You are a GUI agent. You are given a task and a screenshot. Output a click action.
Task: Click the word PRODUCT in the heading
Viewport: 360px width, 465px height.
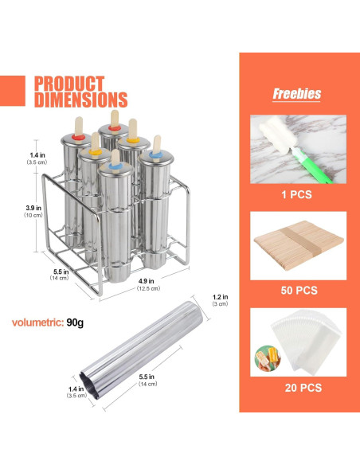69,84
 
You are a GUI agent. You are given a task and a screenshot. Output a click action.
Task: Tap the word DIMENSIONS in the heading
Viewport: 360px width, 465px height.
81,100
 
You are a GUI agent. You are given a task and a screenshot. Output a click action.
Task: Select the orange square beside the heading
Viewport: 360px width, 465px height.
13,91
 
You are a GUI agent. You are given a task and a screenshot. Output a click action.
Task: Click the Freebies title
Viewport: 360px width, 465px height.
296,94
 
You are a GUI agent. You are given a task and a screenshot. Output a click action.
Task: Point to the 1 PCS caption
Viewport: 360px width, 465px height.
296,194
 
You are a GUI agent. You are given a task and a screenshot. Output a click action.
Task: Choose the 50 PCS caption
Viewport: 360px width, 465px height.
299,290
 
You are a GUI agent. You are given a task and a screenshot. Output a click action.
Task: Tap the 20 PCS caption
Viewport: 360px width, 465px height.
303,388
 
